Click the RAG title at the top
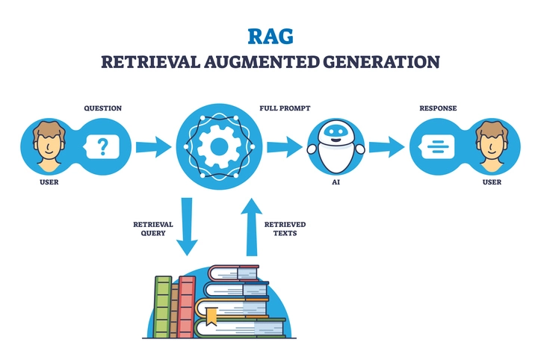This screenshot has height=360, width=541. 270,36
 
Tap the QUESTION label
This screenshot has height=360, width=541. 103,108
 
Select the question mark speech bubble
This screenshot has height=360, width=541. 102,146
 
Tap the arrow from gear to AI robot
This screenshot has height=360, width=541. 283,146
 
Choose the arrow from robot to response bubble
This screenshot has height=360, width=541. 386,146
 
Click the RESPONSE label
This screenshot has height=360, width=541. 438,108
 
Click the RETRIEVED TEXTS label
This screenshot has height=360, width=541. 285,229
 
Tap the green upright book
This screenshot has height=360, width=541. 163,306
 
